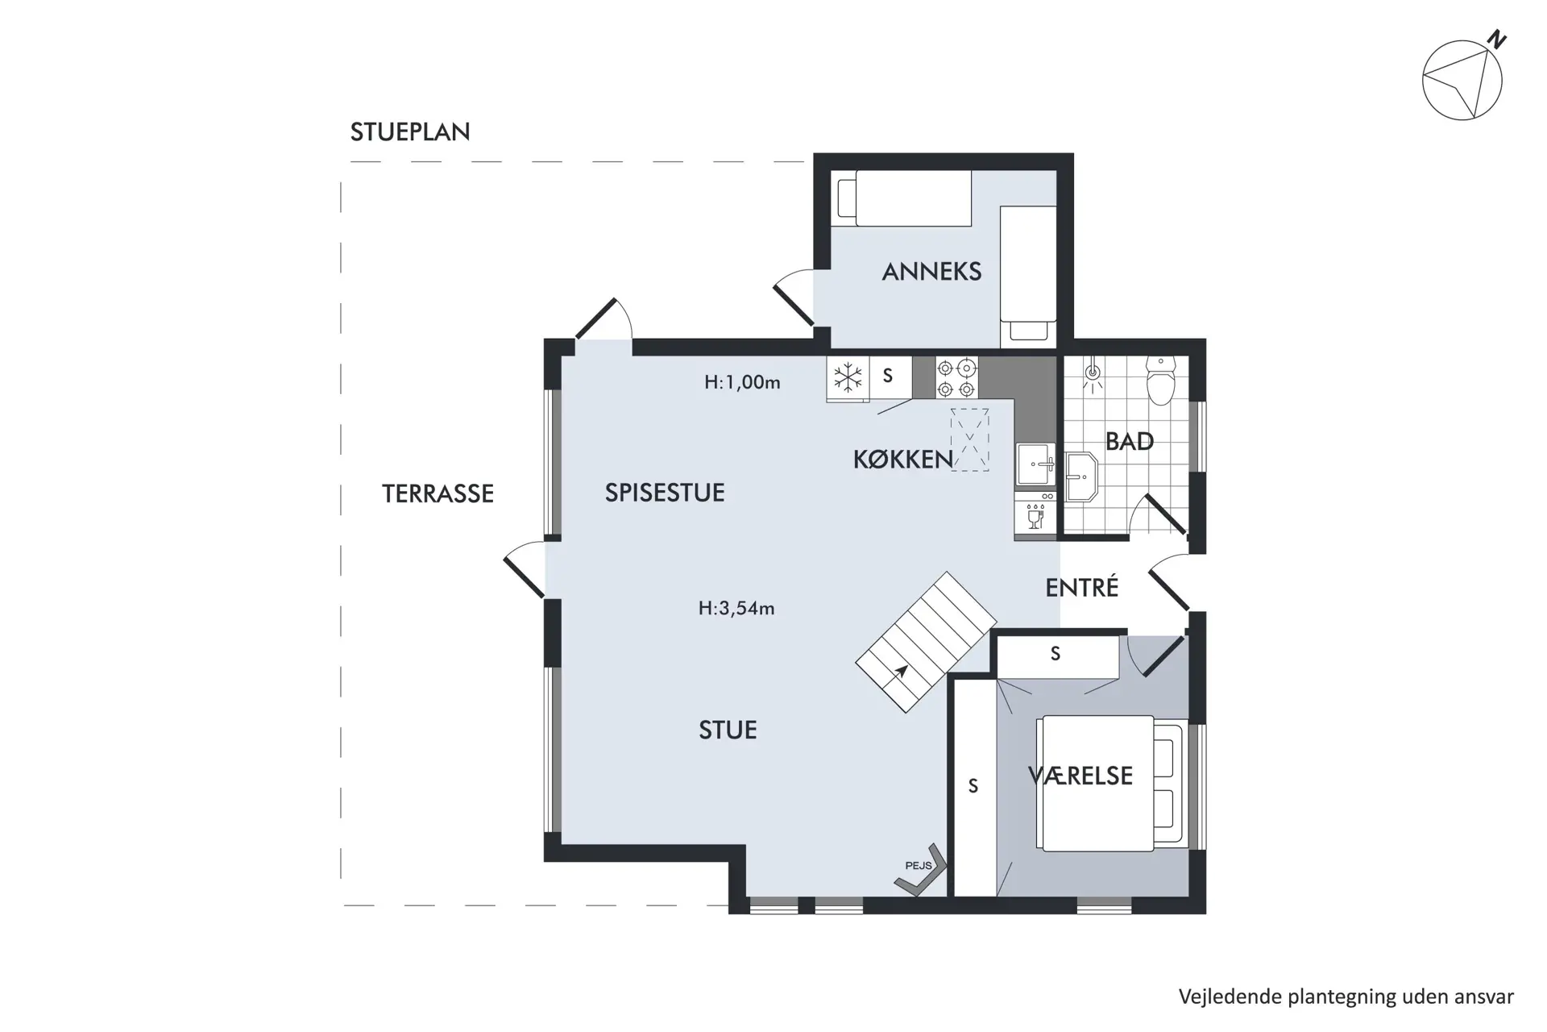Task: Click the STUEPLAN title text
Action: pyautogui.click(x=410, y=131)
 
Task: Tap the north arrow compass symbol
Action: pyautogui.click(x=1462, y=80)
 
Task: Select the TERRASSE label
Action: pyautogui.click(x=438, y=493)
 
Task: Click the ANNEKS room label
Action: pyautogui.click(x=931, y=272)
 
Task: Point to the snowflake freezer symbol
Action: pyautogui.click(x=848, y=377)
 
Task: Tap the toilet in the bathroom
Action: pyautogui.click(x=1161, y=381)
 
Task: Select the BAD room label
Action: pyautogui.click(x=1129, y=441)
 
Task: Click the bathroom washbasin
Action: pyautogui.click(x=1081, y=476)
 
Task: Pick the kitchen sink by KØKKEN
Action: pyautogui.click(x=1035, y=464)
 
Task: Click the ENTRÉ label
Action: pyautogui.click(x=1082, y=587)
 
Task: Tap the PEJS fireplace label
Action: pyautogui.click(x=919, y=866)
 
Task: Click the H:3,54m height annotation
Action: pyautogui.click(x=736, y=608)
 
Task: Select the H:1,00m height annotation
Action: pyautogui.click(x=742, y=382)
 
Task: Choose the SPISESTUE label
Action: pyautogui.click(x=665, y=493)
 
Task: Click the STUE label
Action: pyautogui.click(x=728, y=730)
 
